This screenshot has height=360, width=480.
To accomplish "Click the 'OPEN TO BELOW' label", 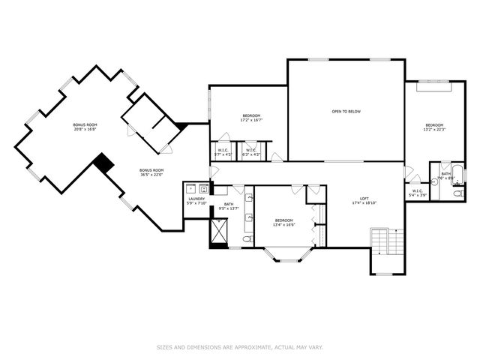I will click(346, 112).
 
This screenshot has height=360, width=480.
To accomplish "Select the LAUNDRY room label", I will click(196, 199).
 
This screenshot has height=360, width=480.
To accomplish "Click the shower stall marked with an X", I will click(219, 232).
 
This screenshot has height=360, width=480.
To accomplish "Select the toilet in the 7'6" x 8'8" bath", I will click(457, 193).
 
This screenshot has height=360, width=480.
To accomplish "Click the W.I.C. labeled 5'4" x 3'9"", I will click(417, 191).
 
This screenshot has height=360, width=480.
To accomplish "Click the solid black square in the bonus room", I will click(103, 162).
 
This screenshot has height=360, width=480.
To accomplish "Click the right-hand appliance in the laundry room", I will click(203, 187).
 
